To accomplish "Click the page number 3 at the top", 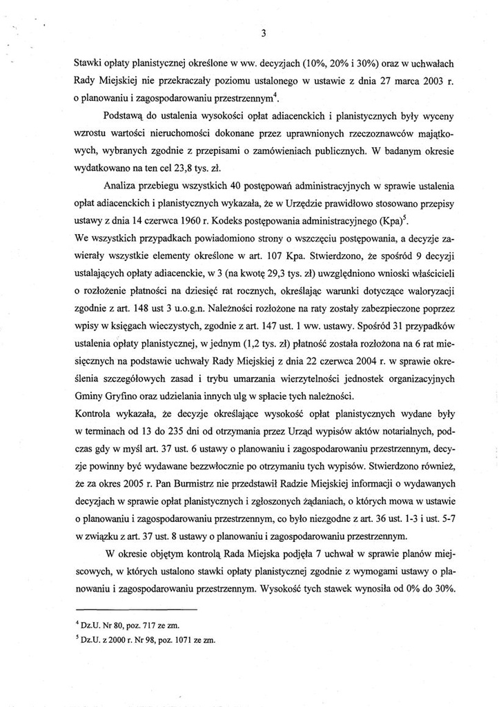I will pos(264,33).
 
